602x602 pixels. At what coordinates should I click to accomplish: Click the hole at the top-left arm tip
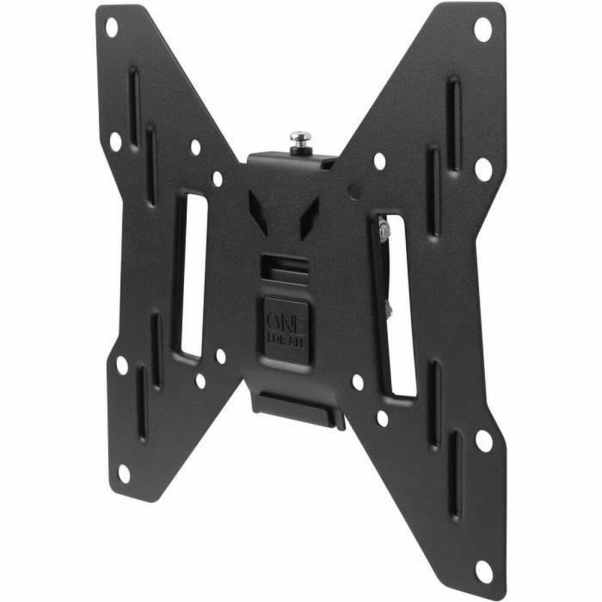[x=111, y=26]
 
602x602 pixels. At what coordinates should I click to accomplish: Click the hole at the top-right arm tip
[x=483, y=29]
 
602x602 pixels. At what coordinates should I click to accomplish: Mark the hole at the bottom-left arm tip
[x=123, y=473]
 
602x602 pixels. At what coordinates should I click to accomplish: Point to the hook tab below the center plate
[x=298, y=410]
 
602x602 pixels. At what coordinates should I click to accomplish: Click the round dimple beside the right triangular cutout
[x=355, y=191]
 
